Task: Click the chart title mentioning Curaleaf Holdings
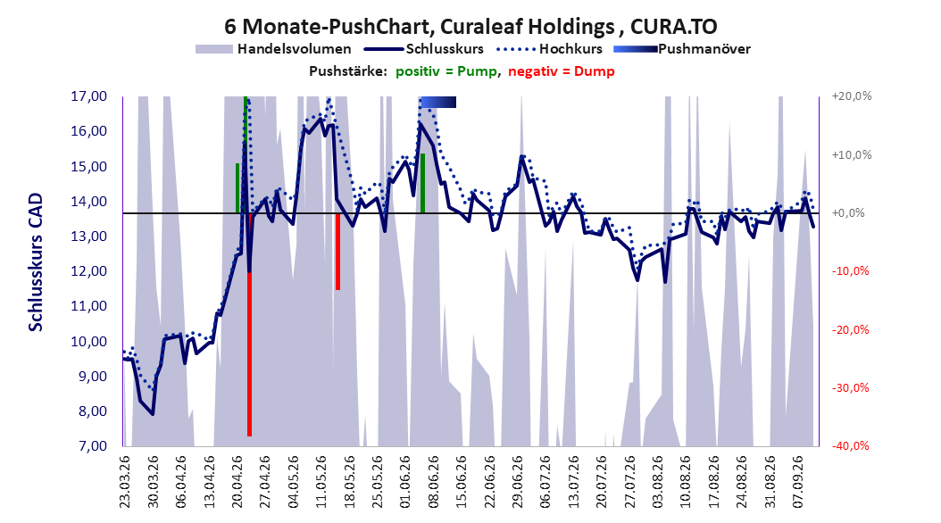470,27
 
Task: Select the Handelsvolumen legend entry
273,49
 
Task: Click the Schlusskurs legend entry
424,49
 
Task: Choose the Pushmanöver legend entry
682,49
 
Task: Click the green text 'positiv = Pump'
446,71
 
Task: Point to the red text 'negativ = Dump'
562,71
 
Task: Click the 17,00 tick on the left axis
88,96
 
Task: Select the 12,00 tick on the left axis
88,271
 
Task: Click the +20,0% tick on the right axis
852,96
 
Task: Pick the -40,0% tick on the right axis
850,446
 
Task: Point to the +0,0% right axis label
848,213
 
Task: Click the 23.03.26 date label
125,482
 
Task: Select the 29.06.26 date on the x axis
518,482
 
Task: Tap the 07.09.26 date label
799,482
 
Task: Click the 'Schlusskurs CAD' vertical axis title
36,262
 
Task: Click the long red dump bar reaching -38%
249,325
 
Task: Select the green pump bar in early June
422,184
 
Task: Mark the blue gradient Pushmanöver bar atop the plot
438,103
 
